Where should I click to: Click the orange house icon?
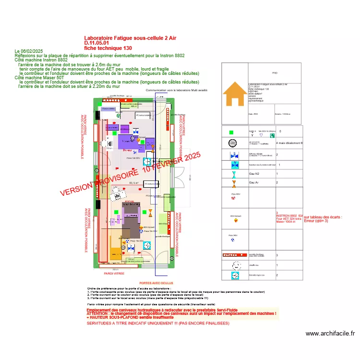coord(235,94)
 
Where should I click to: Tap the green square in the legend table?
coord(231,132)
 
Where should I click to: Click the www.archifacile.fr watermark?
coord(330,334)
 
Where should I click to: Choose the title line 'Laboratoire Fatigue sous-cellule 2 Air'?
coord(130,38)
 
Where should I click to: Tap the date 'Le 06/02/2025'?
coord(29,51)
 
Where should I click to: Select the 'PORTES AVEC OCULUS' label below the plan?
coord(156,283)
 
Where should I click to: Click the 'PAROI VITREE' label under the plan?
coord(114,273)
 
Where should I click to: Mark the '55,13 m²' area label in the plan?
coord(121,183)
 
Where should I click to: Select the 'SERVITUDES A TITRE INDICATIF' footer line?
coord(158,324)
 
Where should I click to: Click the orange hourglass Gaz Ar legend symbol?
coord(234,183)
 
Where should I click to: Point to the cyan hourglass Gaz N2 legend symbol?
coord(234,174)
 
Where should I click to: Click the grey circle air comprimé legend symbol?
coord(232,143)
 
